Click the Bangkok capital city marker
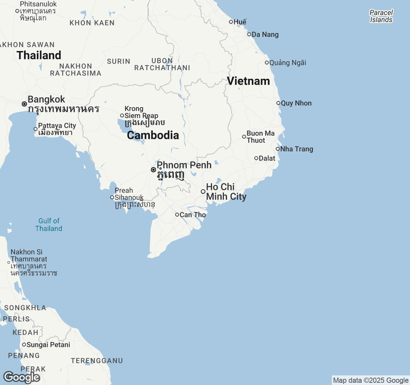pyautogui.click(x=24, y=104)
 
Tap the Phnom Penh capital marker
pyautogui.click(x=153, y=170)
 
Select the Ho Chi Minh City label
pyautogui.click(x=225, y=192)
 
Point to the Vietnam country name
pyautogui.click(x=248, y=81)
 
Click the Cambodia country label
pyautogui.click(x=153, y=135)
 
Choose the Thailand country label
pyautogui.click(x=39, y=55)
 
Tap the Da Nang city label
pyautogui.click(x=265, y=35)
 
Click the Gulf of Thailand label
pyautogui.click(x=49, y=225)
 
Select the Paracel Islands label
pyautogui.click(x=381, y=16)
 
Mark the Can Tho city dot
pyautogui.click(x=177, y=215)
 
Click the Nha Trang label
pyautogui.click(x=296, y=149)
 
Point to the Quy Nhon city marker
pyautogui.click(x=278, y=103)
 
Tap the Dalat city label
pyautogui.click(x=267, y=158)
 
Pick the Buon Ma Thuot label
pyautogui.click(x=260, y=137)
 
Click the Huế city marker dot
pyautogui.click(x=231, y=22)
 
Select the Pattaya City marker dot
pyautogui.click(x=36, y=129)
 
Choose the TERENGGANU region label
pyautogui.click(x=97, y=361)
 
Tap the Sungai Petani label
pyautogui.click(x=48, y=345)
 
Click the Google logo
pyautogui.click(x=21, y=377)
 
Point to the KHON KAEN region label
pyautogui.click(x=92, y=23)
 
